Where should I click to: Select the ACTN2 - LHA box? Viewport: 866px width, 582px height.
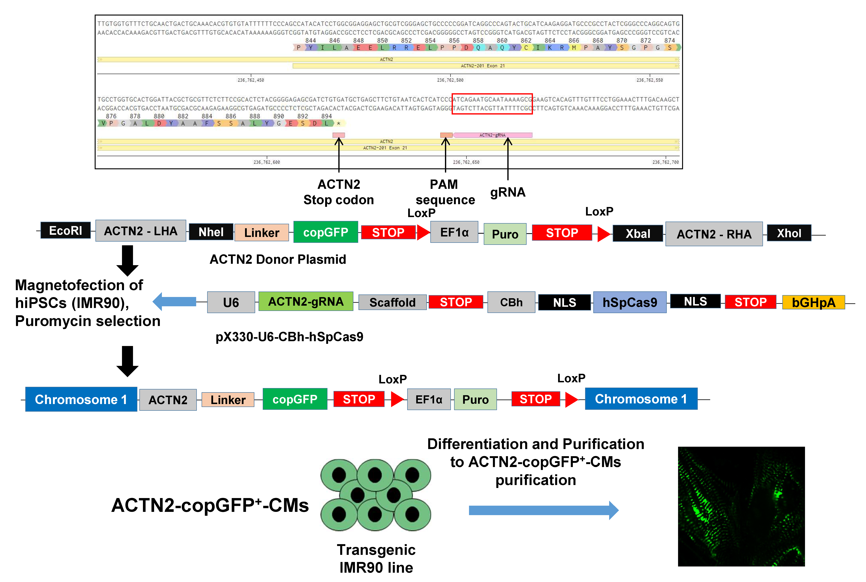click(x=141, y=231)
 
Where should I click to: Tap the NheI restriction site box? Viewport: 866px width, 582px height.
click(x=211, y=232)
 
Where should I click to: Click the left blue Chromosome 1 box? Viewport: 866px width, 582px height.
click(x=81, y=399)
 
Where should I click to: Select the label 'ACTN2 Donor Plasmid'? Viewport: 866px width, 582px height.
click(x=278, y=259)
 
